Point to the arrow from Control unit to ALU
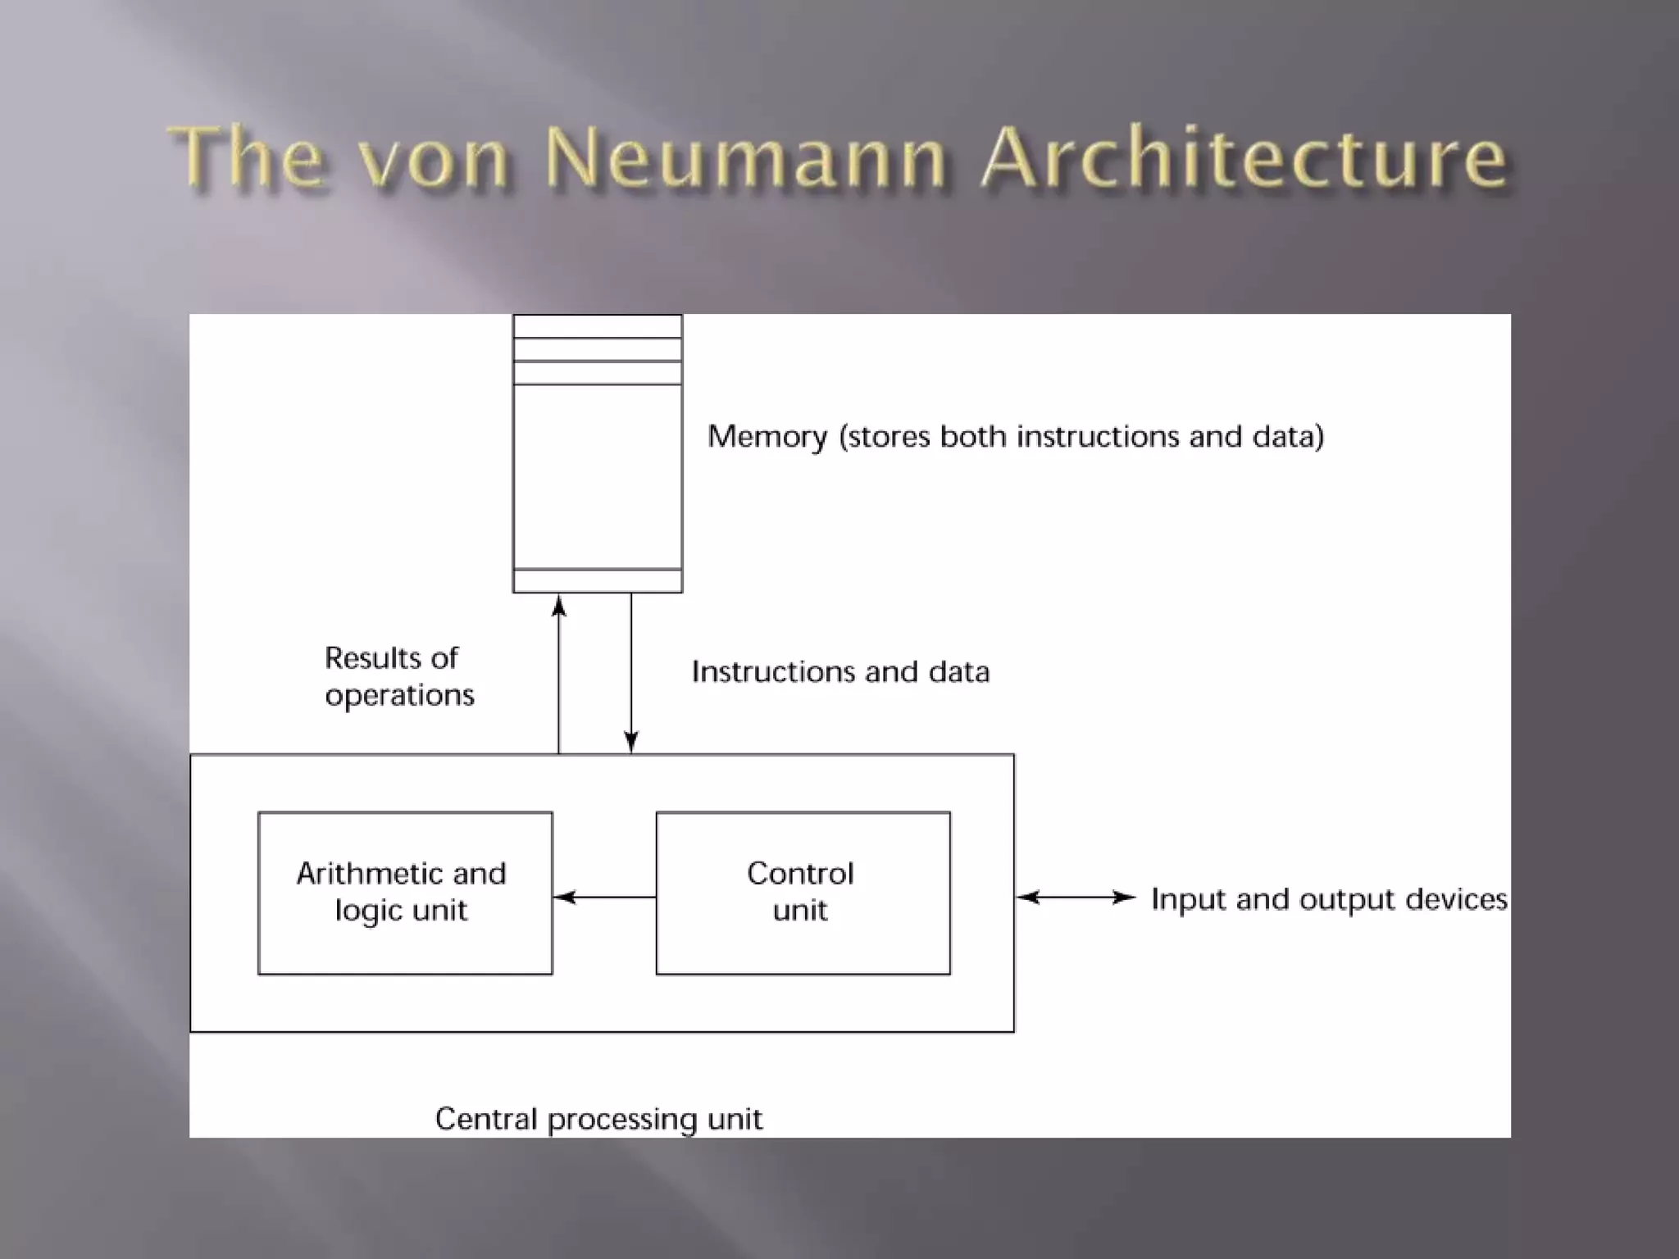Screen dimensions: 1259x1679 click(x=605, y=897)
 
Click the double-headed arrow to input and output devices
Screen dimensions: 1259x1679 click(x=1076, y=897)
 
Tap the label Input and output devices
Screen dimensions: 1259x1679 click(x=1328, y=899)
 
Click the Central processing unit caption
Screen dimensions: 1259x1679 click(x=598, y=1119)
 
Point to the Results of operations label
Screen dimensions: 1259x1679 click(x=399, y=676)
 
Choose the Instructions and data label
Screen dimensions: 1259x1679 click(x=840, y=672)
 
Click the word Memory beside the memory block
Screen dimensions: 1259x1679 click(x=767, y=437)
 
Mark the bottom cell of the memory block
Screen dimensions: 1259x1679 click(x=598, y=580)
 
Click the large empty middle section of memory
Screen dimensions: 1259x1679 click(x=598, y=475)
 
